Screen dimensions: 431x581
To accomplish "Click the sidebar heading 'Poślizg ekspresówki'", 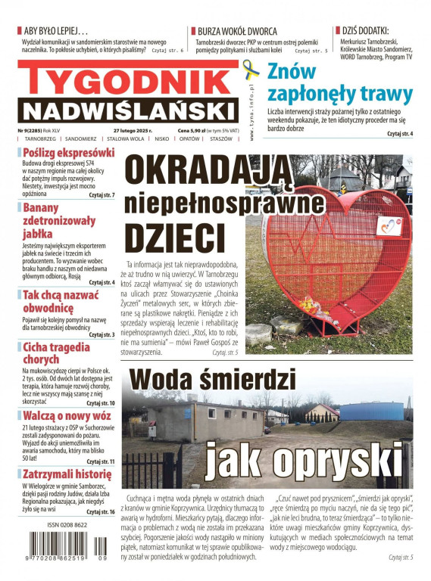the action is (67, 153).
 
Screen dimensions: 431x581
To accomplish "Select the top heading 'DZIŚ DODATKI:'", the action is (367, 30).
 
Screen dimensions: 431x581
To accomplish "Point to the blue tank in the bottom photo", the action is (376, 412).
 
